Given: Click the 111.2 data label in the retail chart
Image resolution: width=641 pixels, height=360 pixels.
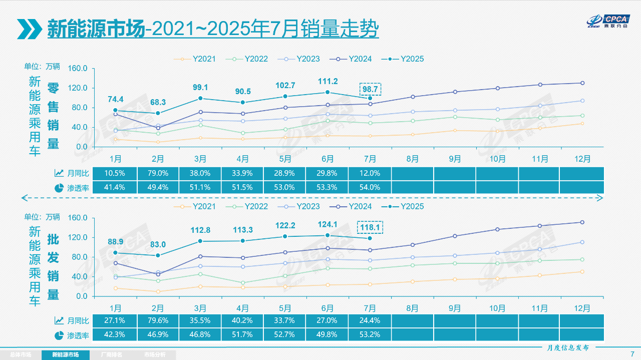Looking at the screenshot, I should pyautogui.click(x=328, y=82).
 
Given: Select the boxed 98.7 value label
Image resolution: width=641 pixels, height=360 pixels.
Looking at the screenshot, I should pyautogui.click(x=370, y=89).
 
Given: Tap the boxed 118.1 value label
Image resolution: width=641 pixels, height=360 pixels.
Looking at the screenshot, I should pyautogui.click(x=370, y=227).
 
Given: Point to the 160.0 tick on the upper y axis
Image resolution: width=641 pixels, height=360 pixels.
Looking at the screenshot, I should pyautogui.click(x=77, y=69).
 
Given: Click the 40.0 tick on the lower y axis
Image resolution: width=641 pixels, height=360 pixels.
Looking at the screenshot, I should pyautogui.click(x=79, y=276).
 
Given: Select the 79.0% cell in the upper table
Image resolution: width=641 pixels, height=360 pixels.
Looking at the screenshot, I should pyautogui.click(x=158, y=173).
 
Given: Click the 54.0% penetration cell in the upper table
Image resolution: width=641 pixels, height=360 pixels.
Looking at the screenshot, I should pyautogui.click(x=370, y=187).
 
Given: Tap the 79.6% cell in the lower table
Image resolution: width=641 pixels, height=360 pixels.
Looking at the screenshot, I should pyautogui.click(x=158, y=320).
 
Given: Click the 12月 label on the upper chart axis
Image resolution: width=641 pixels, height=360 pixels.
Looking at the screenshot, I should pyautogui.click(x=582, y=159).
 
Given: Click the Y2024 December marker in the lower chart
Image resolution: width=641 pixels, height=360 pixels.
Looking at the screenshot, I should pyautogui.click(x=582, y=222).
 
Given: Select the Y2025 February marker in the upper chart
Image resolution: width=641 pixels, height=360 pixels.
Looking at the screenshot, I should pyautogui.click(x=158, y=113).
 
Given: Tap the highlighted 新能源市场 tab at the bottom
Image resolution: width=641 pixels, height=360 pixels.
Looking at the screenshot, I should pyautogui.click(x=66, y=354).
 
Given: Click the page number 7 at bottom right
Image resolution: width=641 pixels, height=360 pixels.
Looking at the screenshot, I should pyautogui.click(x=632, y=354).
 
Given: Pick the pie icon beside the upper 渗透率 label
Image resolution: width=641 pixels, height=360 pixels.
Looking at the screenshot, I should pyautogui.click(x=59, y=188).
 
